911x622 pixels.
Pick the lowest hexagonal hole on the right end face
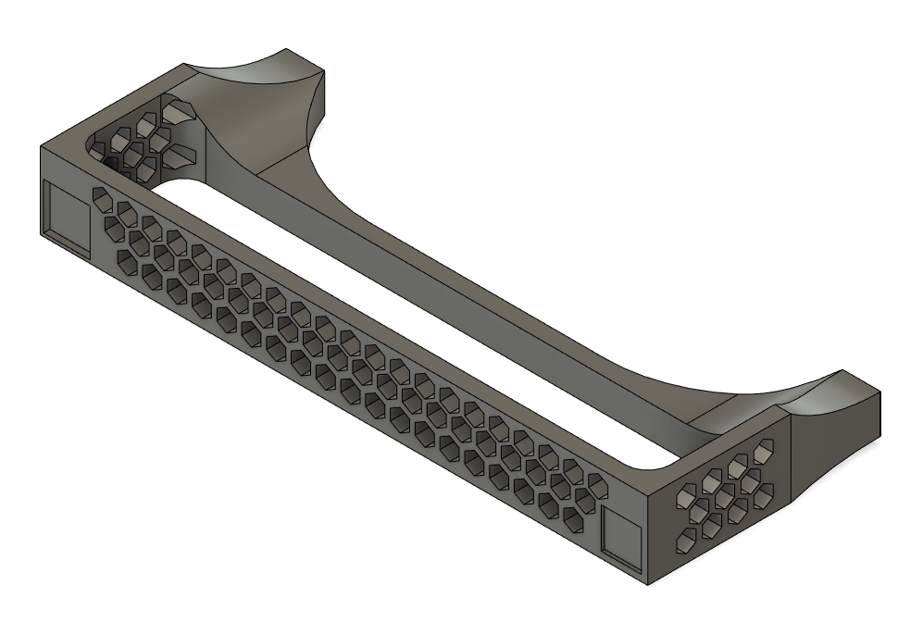point(687,541)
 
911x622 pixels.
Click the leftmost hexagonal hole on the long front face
point(99,198)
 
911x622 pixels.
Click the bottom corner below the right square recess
point(647,583)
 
